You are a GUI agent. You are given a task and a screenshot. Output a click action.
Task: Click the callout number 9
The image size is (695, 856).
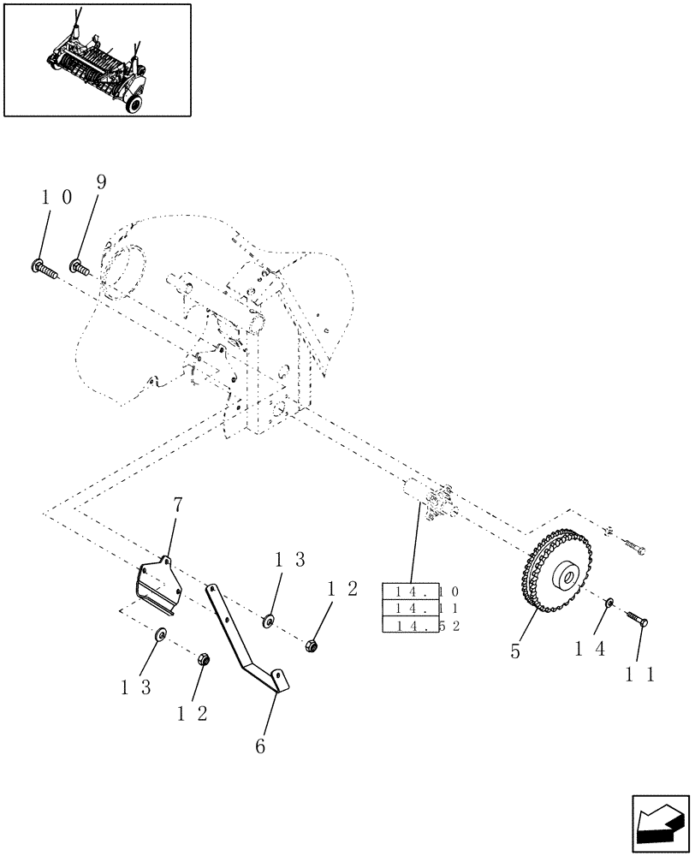point(101,181)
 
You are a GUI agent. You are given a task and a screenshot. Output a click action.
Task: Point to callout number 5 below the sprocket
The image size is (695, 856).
point(514,651)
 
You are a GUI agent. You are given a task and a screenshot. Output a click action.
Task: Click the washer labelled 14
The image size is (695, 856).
point(609,604)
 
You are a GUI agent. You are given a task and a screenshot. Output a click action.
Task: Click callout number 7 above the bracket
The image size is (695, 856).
point(177,505)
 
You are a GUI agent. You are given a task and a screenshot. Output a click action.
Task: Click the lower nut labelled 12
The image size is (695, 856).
point(204,659)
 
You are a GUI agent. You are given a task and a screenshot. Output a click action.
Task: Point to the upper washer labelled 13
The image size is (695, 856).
point(269,619)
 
